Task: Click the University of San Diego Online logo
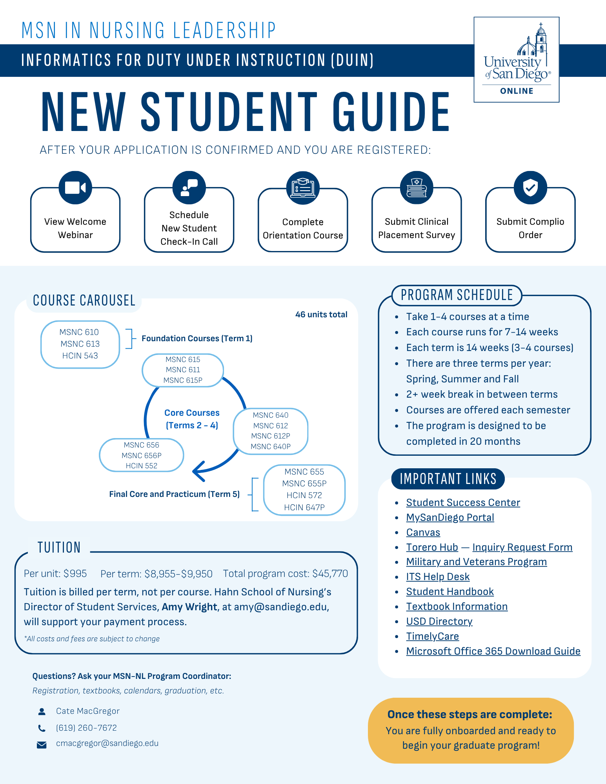517,60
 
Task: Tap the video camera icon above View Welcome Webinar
75,187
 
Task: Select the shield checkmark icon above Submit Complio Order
530,187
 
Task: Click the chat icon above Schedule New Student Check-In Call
189,187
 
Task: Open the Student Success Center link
463,502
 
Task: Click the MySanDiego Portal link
450,517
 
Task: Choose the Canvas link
423,532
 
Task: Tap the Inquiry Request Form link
522,547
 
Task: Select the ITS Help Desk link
438,577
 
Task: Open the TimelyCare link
432,636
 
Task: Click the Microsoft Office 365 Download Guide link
493,651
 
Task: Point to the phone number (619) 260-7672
86,728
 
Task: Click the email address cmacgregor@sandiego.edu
107,743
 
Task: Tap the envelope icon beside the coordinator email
42,745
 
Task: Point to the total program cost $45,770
330,573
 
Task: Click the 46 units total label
321,315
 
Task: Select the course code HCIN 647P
304,508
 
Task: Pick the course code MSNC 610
79,332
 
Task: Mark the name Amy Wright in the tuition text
189,607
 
